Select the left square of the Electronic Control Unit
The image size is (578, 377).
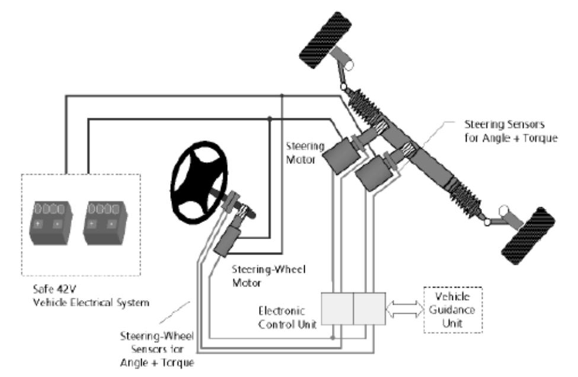337,308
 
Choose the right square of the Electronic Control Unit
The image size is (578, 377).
368,308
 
